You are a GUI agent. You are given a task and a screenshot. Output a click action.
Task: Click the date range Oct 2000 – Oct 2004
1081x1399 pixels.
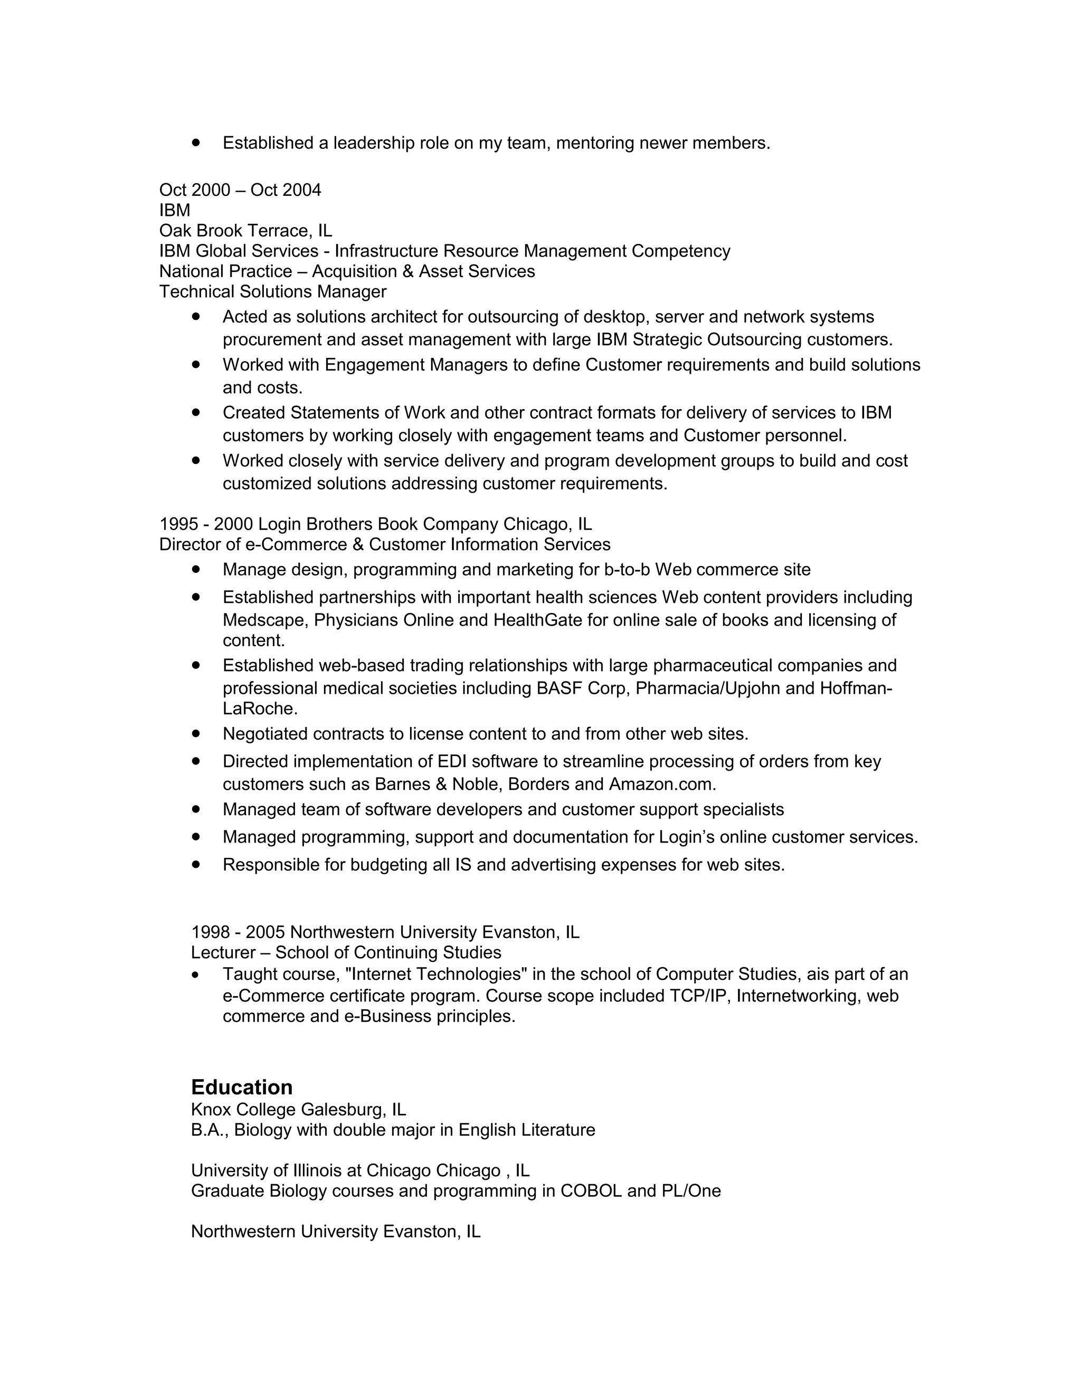point(240,190)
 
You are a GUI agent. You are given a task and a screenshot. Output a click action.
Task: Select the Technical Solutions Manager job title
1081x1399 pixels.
point(273,292)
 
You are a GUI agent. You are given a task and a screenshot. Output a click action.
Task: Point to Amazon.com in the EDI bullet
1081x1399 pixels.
point(661,784)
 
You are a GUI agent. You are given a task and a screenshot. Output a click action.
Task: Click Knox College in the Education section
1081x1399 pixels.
point(243,1110)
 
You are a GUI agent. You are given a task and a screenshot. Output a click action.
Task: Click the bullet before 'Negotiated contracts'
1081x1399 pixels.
point(196,733)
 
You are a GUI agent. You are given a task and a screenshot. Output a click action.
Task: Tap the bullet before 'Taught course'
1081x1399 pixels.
point(195,975)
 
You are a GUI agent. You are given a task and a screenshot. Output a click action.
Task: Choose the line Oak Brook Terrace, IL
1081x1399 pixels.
point(246,231)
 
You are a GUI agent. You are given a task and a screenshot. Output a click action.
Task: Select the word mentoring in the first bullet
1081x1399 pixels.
point(595,143)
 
